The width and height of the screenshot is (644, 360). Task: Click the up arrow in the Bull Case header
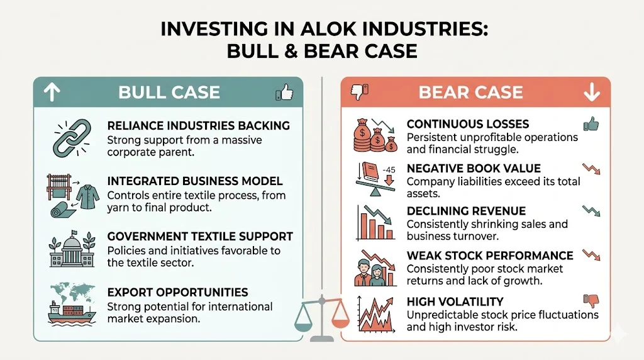pyautogui.click(x=52, y=93)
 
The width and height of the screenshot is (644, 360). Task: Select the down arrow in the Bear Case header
pyautogui.click(x=591, y=93)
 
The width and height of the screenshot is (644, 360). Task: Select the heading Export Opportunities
pyautogui.click(x=178, y=293)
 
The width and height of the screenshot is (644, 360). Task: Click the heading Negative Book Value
pyautogui.click(x=474, y=169)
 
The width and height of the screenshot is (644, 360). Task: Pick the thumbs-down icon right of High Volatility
pyautogui.click(x=591, y=301)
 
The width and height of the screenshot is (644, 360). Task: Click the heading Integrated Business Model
pyautogui.click(x=195, y=182)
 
